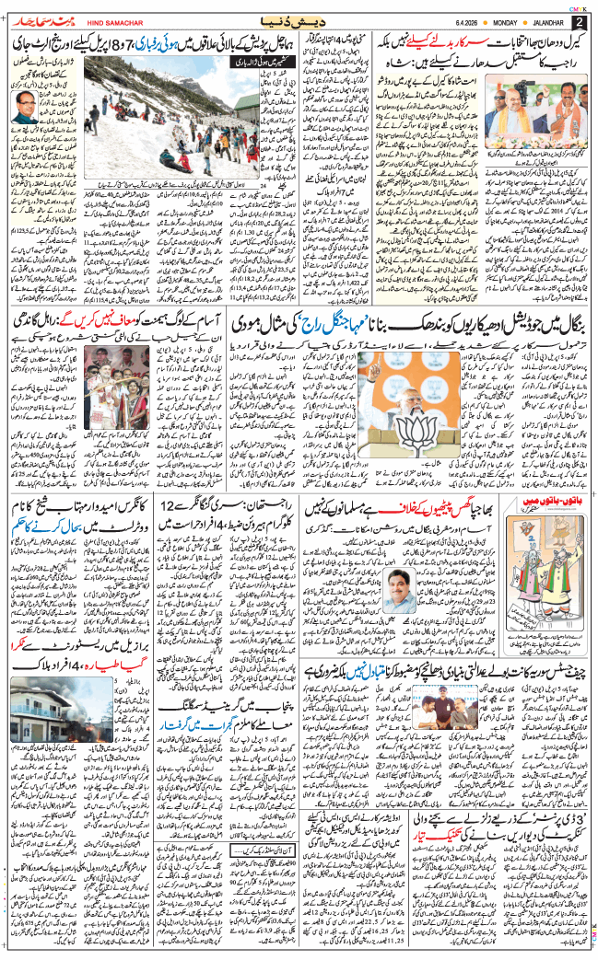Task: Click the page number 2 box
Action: [x=580, y=21]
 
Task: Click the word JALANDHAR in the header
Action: [x=542, y=21]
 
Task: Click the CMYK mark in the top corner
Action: [x=577, y=6]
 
